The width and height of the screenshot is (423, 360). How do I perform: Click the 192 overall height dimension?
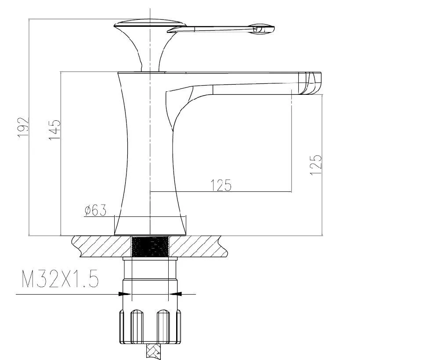pyautogui.click(x=23, y=128)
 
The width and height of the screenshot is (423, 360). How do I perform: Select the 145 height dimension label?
pyautogui.click(x=54, y=130)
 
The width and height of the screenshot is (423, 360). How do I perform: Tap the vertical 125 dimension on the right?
pyautogui.click(x=316, y=165)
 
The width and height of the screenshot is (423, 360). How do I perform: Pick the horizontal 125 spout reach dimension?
pyautogui.click(x=221, y=185)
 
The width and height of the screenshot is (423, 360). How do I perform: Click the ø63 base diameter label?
pyautogui.click(x=95, y=210)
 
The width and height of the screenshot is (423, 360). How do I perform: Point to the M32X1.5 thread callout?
pyautogui.click(x=60, y=279)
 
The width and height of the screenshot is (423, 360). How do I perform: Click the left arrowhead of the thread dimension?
pyautogui.click(x=125, y=294)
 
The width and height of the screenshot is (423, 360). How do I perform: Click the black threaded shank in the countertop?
pyautogui.click(x=150, y=246)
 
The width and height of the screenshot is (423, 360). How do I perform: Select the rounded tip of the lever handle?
pyautogui.click(x=263, y=28)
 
